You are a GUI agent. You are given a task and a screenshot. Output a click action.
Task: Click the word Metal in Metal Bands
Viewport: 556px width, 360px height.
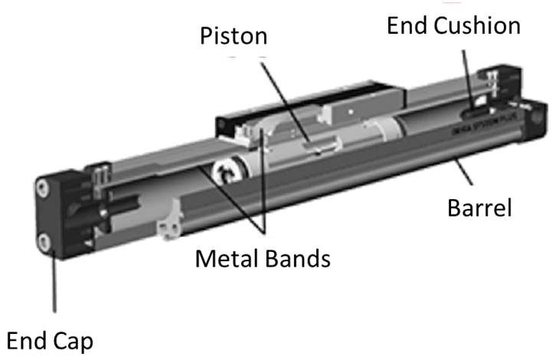227,258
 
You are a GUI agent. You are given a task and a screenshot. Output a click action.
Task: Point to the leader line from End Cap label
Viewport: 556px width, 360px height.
54,283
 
